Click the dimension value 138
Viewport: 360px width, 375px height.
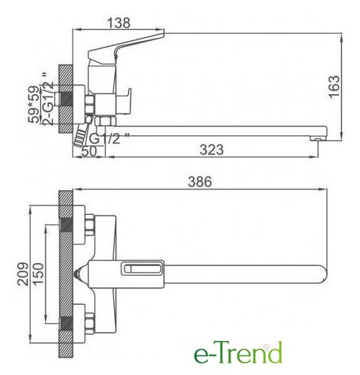[119, 23]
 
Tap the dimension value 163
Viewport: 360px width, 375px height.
[334, 87]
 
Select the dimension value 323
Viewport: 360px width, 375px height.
[211, 150]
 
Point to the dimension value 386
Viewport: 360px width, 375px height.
[200, 182]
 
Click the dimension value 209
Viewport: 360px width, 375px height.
[23, 273]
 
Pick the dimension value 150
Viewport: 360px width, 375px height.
[38, 273]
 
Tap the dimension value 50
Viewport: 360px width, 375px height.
[89, 151]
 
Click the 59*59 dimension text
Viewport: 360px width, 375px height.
[34, 104]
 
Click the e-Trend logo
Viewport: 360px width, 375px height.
[238, 352]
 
